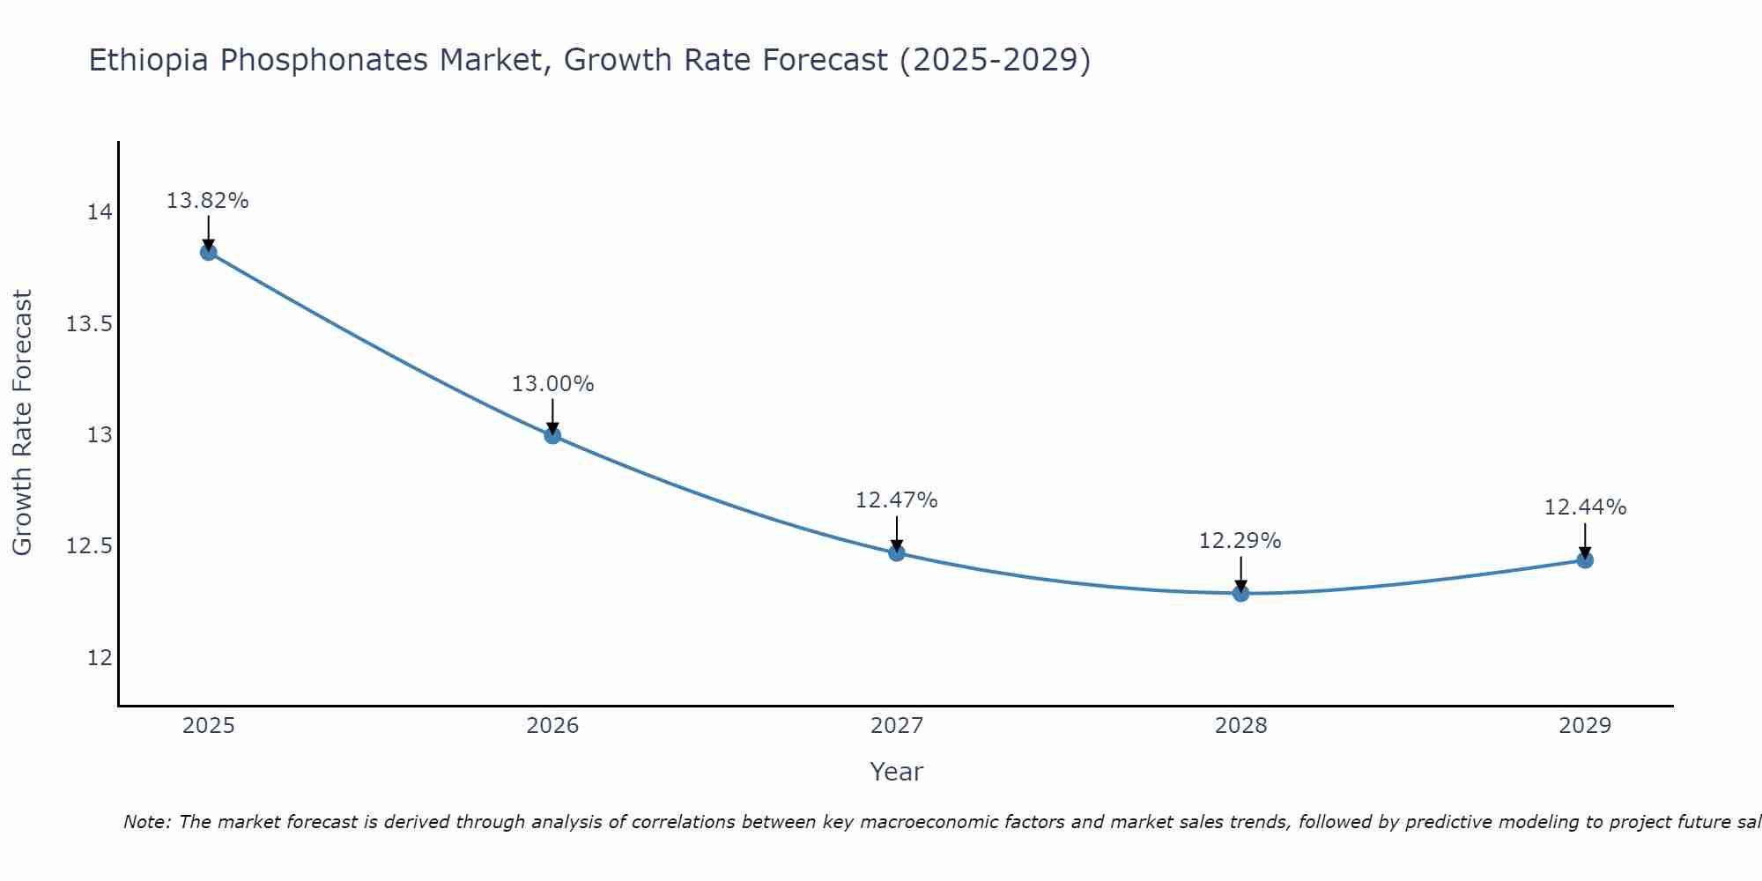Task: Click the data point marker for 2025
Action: click(209, 252)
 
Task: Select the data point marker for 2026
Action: click(552, 435)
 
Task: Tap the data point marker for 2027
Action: click(897, 553)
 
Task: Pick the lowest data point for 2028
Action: click(1240, 593)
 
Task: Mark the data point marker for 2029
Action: click(1585, 560)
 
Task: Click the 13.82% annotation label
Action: click(208, 201)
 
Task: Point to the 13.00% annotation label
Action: click(552, 384)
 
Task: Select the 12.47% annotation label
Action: click(897, 500)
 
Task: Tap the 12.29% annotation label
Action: click(1240, 541)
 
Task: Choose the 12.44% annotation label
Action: click(1585, 507)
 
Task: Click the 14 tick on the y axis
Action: click(100, 212)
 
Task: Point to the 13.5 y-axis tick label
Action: click(90, 324)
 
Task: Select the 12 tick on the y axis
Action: click(100, 658)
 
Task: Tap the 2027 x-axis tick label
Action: click(897, 726)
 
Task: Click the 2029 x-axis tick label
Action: click(1585, 726)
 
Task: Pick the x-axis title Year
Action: click(897, 772)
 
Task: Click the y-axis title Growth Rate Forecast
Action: click(22, 423)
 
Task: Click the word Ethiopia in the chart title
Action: click(149, 61)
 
